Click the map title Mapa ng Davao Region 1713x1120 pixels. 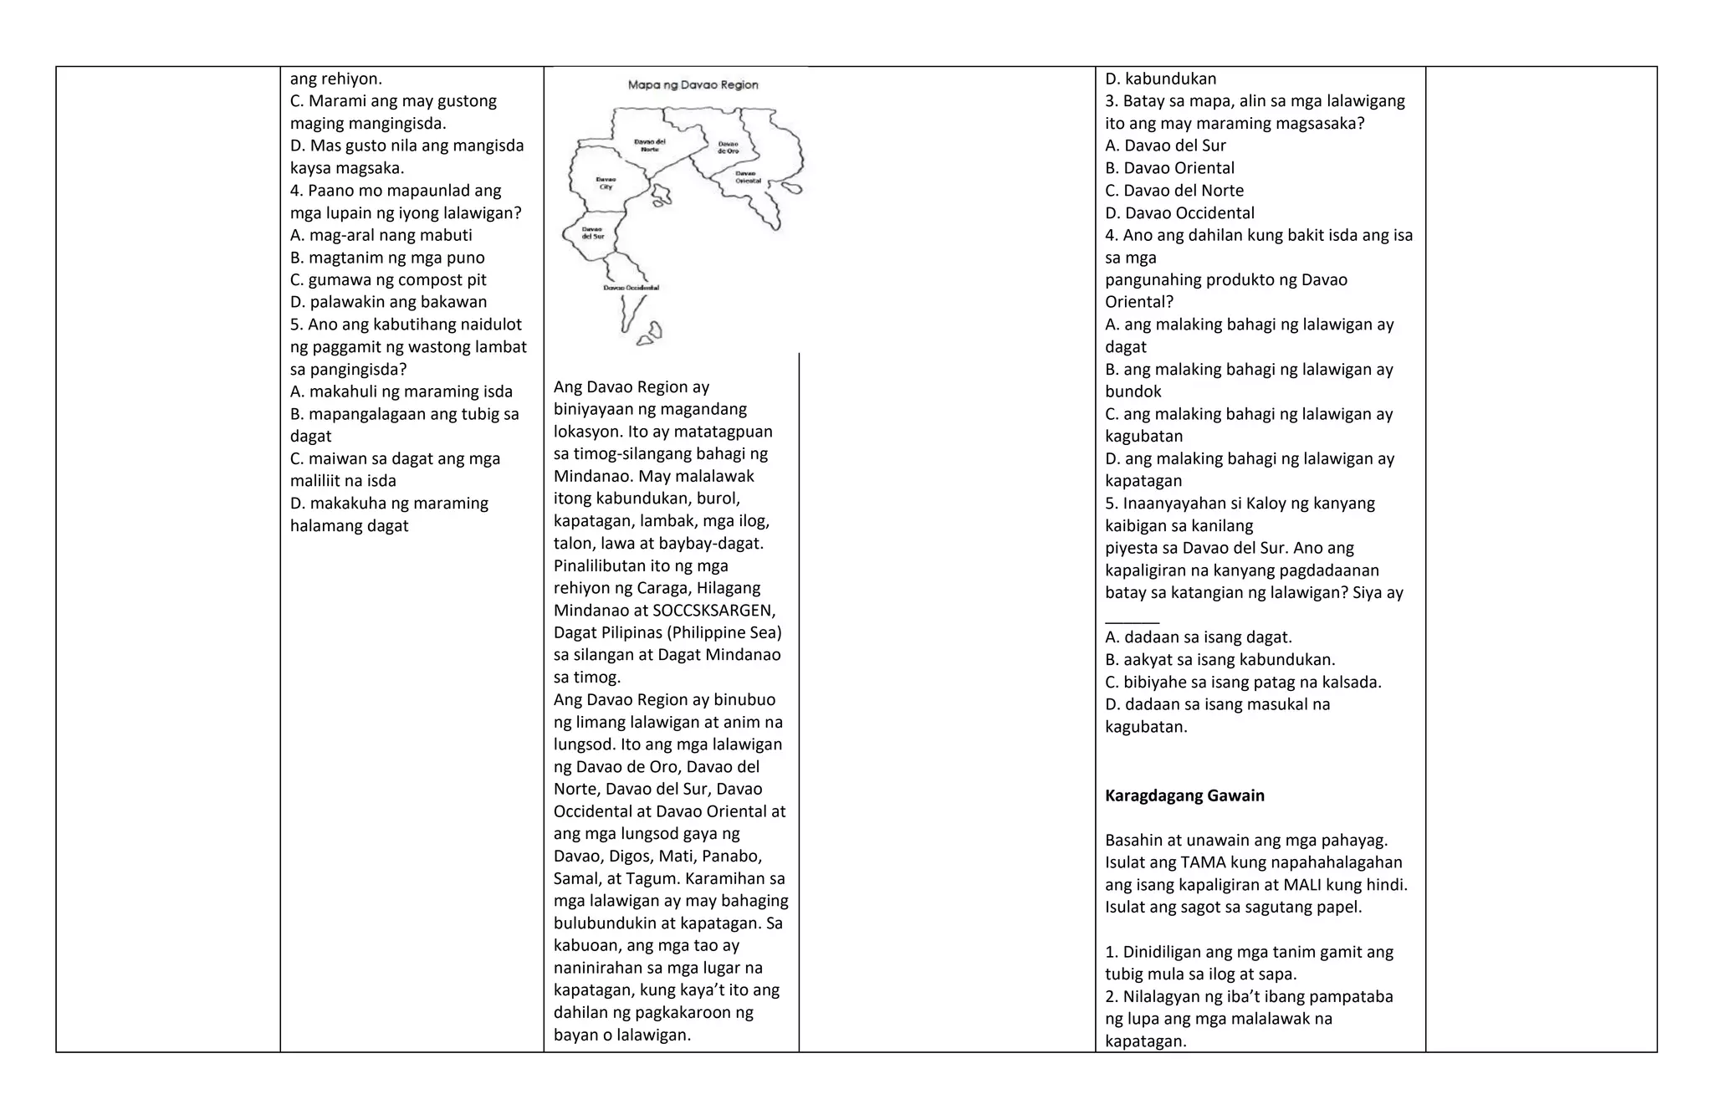(x=693, y=84)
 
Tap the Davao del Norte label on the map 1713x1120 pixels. (x=649, y=145)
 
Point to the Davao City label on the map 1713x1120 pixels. (x=606, y=182)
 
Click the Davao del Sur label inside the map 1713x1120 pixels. (x=592, y=232)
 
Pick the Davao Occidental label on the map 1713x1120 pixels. (x=631, y=288)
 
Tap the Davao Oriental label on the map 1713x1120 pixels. (x=748, y=177)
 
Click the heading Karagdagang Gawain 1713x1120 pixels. (x=1184, y=795)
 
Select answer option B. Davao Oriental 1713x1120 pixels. (x=1169, y=168)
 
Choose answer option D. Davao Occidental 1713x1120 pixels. (x=1179, y=212)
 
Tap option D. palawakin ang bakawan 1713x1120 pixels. (x=388, y=302)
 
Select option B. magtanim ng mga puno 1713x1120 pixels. (x=387, y=258)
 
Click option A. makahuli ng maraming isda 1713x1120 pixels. (x=401, y=391)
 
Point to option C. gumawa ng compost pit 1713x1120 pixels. (x=388, y=279)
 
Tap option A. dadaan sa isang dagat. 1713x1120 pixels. (x=1198, y=637)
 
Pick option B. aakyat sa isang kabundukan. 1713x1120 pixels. (x=1220, y=659)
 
